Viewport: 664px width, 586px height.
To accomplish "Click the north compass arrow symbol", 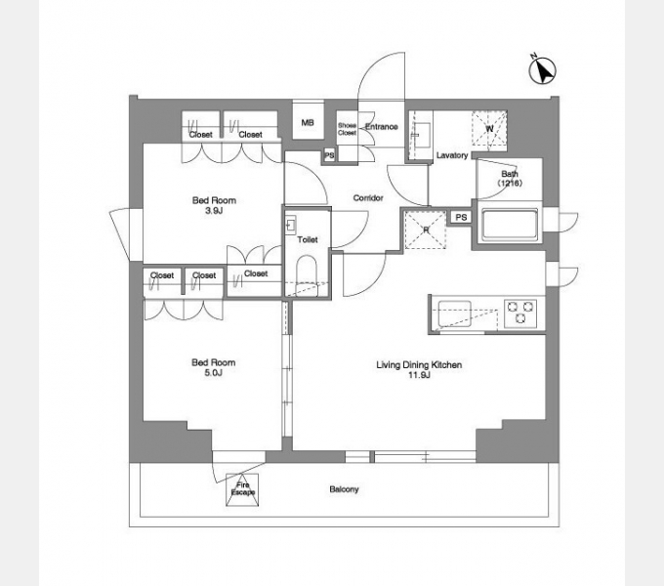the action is click(x=543, y=70).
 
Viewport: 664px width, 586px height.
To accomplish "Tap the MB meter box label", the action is click(x=308, y=123).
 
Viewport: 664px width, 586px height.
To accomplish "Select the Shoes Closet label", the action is click(x=348, y=129).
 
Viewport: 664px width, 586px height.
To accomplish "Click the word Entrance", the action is click(x=382, y=127).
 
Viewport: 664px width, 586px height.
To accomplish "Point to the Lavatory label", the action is click(x=452, y=155).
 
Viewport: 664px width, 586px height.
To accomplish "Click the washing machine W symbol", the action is click(x=489, y=129).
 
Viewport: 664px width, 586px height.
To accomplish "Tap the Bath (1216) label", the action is click(x=510, y=179).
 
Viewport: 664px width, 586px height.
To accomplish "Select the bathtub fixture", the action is click(x=510, y=225).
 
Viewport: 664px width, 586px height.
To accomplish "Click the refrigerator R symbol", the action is click(x=426, y=230).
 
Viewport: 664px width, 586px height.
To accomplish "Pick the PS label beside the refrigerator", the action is click(x=461, y=217).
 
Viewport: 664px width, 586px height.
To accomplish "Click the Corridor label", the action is click(x=368, y=197).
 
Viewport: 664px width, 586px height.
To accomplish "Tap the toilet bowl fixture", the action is click(x=307, y=275).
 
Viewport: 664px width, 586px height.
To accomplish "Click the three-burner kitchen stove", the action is click(x=520, y=314).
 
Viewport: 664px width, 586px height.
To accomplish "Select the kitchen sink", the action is click(x=454, y=314).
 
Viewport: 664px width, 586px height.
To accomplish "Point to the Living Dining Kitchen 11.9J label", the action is click(x=419, y=369).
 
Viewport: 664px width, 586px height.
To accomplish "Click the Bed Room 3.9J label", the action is click(x=214, y=205).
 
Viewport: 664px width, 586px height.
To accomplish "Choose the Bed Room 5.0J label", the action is click(x=214, y=367).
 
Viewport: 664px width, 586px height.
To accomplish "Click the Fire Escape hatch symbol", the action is click(x=242, y=489).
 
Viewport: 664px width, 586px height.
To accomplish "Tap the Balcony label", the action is click(x=344, y=489).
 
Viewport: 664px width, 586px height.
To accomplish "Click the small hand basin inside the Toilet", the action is click(x=291, y=225).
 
